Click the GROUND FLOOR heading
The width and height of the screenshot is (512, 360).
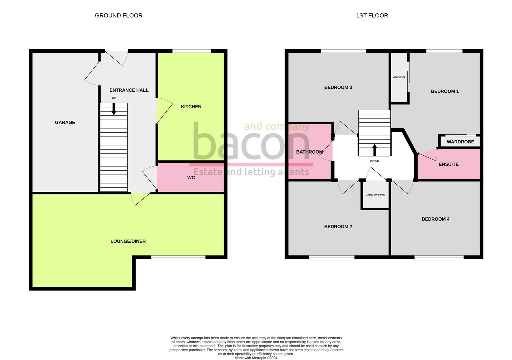118,15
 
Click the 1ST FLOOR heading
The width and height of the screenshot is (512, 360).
372,15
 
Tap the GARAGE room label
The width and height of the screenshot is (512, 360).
65,122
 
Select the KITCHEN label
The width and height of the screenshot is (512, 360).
191,107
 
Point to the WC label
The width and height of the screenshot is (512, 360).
191,178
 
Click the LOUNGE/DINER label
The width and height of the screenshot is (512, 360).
128,241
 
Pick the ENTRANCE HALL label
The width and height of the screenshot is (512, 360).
129,90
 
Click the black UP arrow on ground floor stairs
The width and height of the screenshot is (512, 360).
114,109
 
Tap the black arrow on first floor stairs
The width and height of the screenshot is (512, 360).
375,150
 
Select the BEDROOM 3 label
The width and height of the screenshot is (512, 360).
338,87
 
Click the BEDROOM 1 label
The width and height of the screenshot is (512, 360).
445,91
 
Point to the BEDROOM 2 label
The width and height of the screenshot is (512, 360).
338,227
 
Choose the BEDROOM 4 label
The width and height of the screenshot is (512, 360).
436,219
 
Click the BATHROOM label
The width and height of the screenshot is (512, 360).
310,152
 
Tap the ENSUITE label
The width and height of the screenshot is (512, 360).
449,164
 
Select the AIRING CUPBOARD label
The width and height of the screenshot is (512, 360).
376,195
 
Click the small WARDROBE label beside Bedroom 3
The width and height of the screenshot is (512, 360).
399,77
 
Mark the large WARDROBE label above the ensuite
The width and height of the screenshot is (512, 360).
460,142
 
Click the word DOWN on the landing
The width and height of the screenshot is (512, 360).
375,161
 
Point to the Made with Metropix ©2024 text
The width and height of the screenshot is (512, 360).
256,358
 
